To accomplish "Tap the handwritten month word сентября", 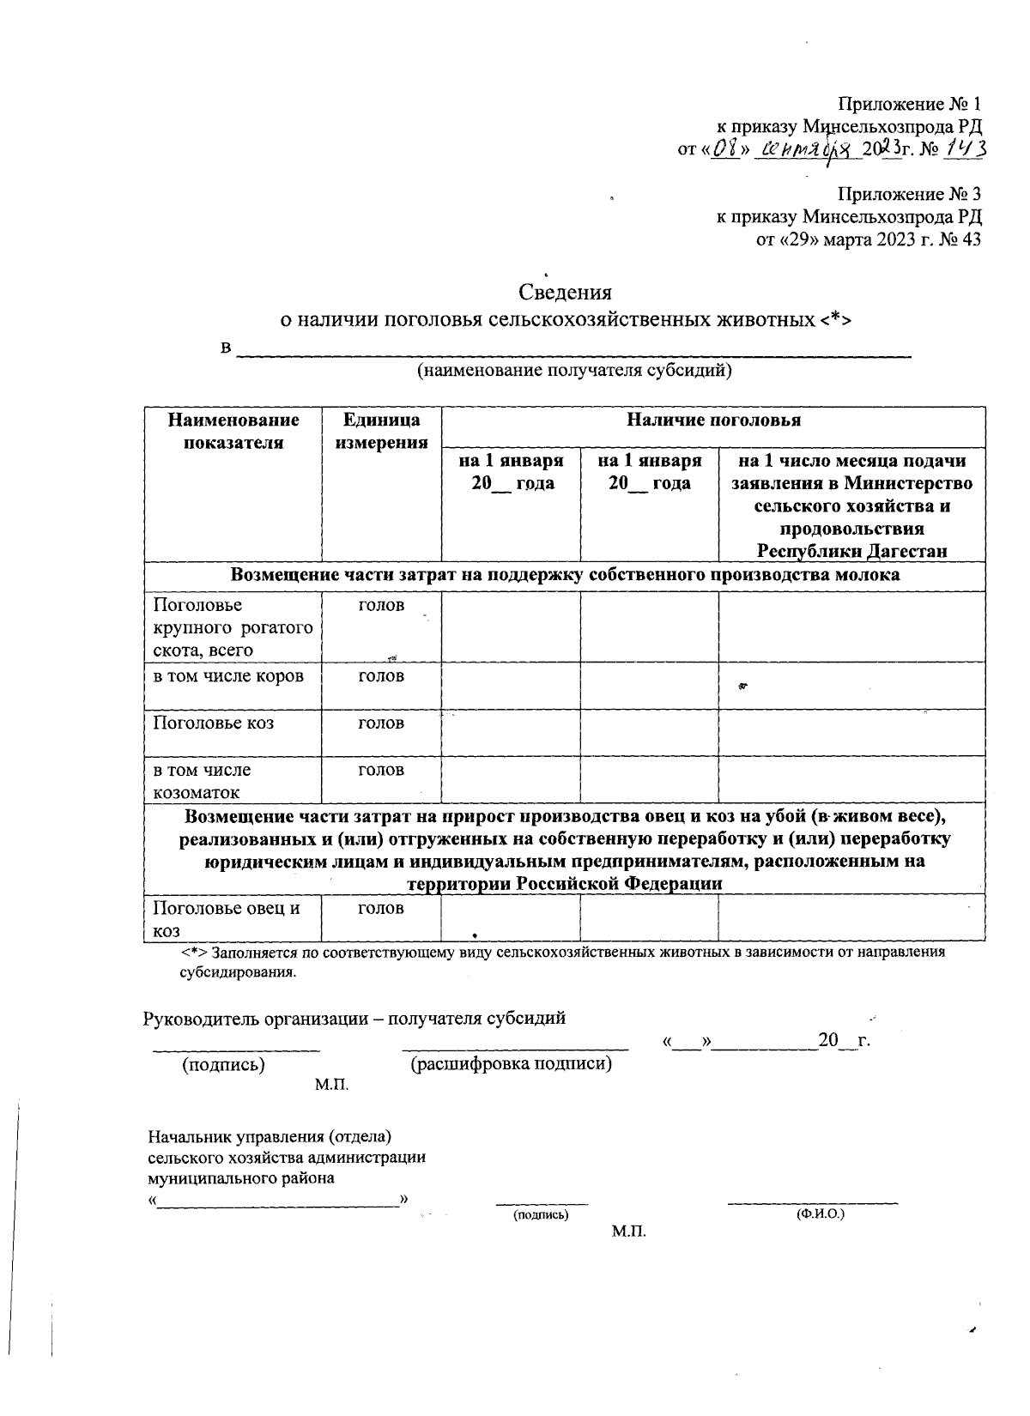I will point(811,151).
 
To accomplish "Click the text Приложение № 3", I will point(909,194).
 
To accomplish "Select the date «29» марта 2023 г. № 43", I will point(868,239).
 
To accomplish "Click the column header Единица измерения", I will point(381,431).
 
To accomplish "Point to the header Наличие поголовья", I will point(712,420).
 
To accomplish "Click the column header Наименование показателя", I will point(233,431).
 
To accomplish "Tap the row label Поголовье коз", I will point(213,723).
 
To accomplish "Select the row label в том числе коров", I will point(228,675).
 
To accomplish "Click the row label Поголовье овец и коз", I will point(226,918).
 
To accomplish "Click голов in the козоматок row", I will point(380,770).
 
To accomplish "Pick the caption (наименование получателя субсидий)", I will point(574,371).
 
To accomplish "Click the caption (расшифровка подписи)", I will point(512,1064).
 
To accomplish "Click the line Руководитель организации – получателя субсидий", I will point(354,1018).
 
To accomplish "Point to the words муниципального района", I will point(241,1178).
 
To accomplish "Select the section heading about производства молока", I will point(565,575).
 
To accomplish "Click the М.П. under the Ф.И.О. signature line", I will point(628,1231).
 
